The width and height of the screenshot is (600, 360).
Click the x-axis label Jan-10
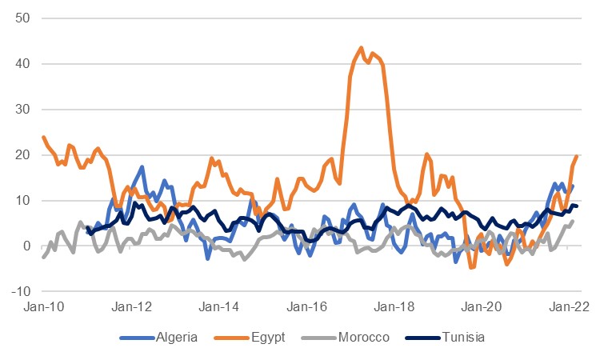44,306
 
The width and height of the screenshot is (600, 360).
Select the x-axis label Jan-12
131,306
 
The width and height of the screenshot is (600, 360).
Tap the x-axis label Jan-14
219,306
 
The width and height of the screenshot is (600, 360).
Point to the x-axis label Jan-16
306,306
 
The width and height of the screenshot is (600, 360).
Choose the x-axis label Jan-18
394,306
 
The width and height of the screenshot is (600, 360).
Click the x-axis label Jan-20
482,306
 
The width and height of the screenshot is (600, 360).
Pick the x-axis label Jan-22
569,306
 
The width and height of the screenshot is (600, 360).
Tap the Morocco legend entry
349,338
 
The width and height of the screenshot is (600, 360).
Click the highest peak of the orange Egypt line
361,48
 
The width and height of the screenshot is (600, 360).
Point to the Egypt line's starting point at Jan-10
43,137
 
